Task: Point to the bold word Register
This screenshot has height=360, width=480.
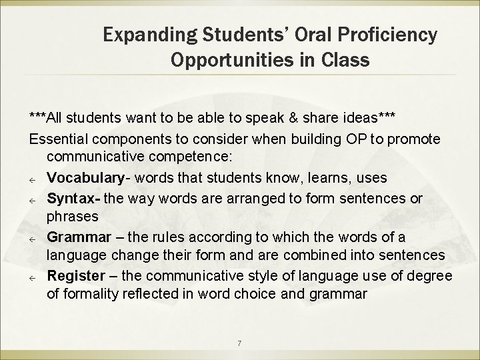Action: pyautogui.click(x=73, y=275)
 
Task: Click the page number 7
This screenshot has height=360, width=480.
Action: pyautogui.click(x=239, y=343)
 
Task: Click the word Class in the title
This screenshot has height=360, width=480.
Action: pyautogui.click(x=347, y=61)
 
